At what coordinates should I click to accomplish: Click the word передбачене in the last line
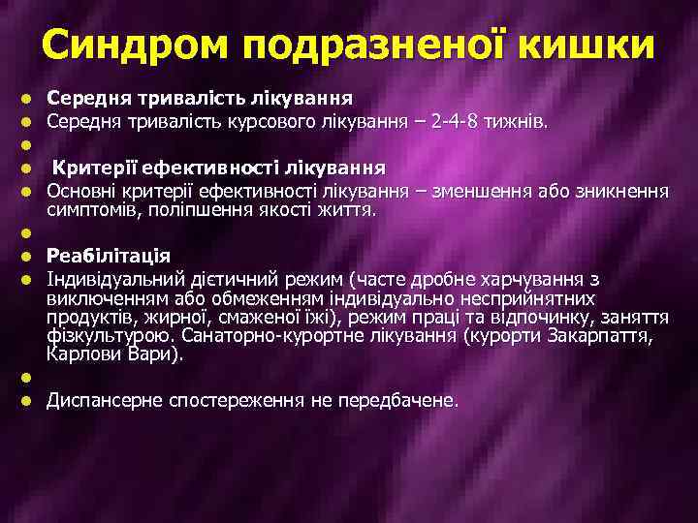pyautogui.click(x=395, y=399)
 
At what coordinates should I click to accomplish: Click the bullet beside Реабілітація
pyautogui.click(x=28, y=257)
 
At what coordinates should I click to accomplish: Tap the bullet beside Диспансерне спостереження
pyautogui.click(x=28, y=399)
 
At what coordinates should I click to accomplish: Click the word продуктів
pyautogui.click(x=91, y=316)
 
